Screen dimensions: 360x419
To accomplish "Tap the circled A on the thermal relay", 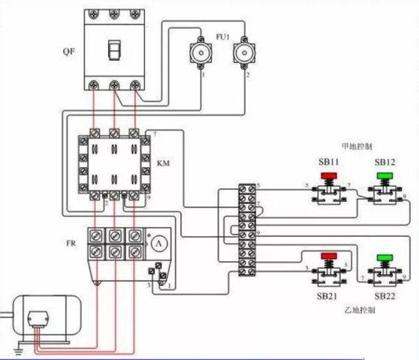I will [x=157, y=242].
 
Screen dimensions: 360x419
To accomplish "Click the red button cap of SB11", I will [x=327, y=175].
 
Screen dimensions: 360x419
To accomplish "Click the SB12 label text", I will [x=384, y=162].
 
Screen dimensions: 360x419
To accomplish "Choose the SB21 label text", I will [x=327, y=297].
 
